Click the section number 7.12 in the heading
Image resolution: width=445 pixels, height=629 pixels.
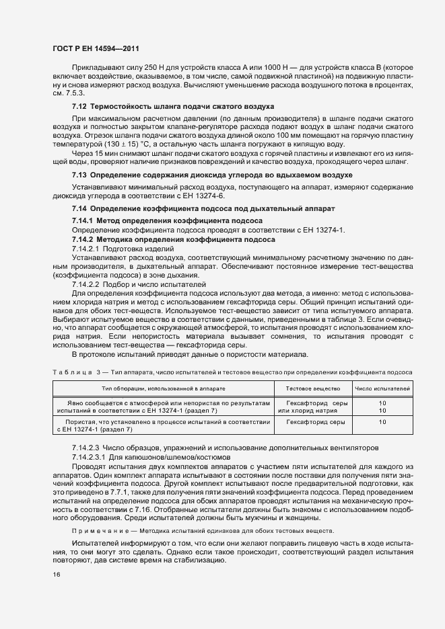(x=79, y=108)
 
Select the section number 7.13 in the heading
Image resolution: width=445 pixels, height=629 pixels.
(x=79, y=175)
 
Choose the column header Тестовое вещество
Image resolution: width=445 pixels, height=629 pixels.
(x=312, y=388)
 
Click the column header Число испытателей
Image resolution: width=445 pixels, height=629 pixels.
(x=382, y=388)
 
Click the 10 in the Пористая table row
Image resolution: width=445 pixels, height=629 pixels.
(x=382, y=421)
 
